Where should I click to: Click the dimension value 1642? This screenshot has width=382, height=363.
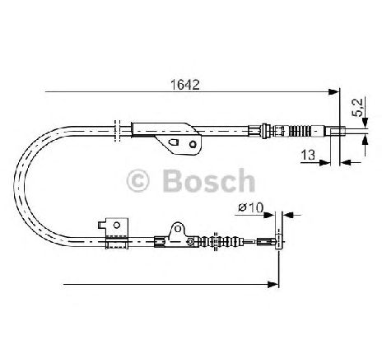pos(185,85)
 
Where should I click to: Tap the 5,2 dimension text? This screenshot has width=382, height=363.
pos(358,107)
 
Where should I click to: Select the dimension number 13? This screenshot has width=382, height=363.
pos(308,155)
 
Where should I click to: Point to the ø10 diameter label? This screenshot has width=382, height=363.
pos(250,207)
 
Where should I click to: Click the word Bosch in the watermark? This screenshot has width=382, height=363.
pos(209,180)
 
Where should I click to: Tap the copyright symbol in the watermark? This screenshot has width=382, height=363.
pos(137,180)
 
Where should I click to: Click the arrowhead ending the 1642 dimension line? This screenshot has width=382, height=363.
pos(333,91)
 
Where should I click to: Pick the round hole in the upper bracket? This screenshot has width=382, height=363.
pos(193,144)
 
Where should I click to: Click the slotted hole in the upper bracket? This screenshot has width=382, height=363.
pos(174,143)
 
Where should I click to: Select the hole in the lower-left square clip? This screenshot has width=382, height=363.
pos(117,226)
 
